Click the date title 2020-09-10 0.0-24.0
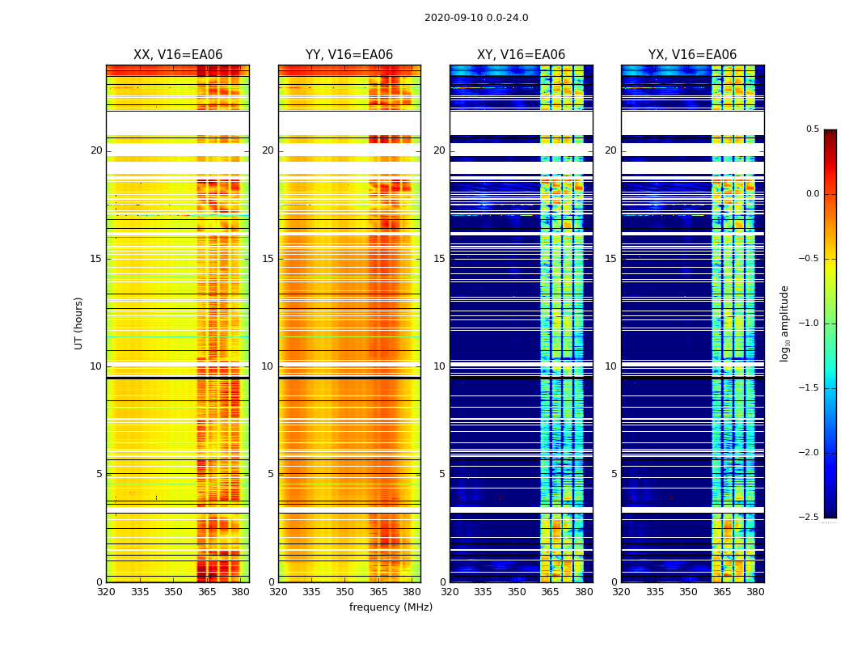[476, 18]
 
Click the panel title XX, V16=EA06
[177, 55]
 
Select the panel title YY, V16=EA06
[349, 55]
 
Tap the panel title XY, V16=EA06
[521, 55]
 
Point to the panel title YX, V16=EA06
[692, 55]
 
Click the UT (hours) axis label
[78, 323]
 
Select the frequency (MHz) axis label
[391, 607]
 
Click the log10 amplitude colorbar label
[784, 323]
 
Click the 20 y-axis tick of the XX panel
[96, 150]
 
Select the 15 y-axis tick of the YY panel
[268, 259]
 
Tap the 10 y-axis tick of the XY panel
[439, 366]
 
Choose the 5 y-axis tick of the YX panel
[614, 474]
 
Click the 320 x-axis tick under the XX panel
[106, 591]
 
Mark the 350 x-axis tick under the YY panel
[344, 591]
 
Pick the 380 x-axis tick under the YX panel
[755, 591]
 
